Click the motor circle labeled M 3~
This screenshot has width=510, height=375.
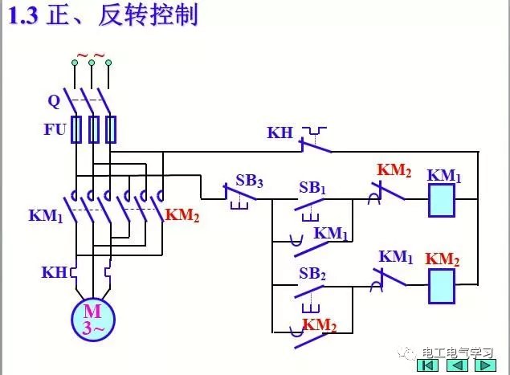coord(93,318)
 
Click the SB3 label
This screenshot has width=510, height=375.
coord(249,181)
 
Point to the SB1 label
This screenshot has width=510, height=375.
coord(312,187)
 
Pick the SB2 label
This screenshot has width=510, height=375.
coord(312,273)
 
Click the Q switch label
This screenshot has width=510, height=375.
coord(54,101)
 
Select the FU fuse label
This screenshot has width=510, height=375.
coord(55,128)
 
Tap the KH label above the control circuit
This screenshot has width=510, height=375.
coord(280,132)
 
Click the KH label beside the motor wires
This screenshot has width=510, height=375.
coord(55,272)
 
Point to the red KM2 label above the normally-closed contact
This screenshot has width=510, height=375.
coord(394,170)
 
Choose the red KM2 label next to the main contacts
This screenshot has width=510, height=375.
coord(182,215)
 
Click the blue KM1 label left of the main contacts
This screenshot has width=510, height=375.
coord(45,215)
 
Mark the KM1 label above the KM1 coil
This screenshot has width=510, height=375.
coord(444,175)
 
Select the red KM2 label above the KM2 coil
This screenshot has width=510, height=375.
coord(443,259)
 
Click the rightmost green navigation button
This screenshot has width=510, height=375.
coord(485,365)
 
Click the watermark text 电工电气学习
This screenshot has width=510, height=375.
coord(455,351)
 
